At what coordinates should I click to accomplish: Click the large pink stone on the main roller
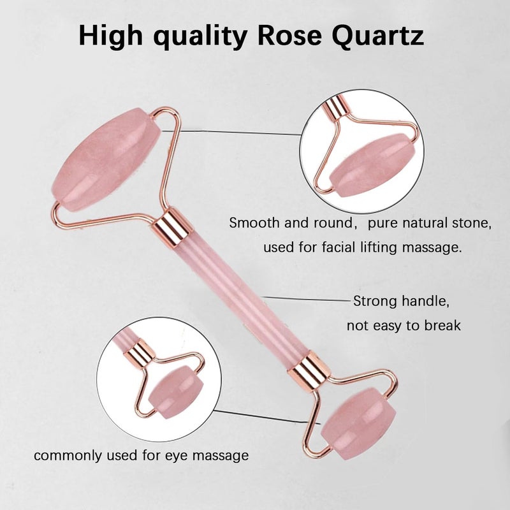click(106, 159)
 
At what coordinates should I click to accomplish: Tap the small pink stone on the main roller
click(358, 423)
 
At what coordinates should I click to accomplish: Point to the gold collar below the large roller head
click(170, 224)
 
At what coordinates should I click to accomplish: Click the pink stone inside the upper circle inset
click(372, 165)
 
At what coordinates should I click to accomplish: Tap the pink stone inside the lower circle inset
click(176, 392)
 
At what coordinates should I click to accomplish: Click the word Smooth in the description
click(253, 222)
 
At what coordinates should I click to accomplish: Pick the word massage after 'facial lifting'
click(432, 247)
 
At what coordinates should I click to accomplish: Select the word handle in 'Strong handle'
click(425, 301)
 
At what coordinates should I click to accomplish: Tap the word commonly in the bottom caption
click(68, 456)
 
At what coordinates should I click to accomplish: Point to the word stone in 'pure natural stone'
click(472, 223)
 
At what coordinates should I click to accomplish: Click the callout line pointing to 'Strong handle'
click(306, 299)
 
